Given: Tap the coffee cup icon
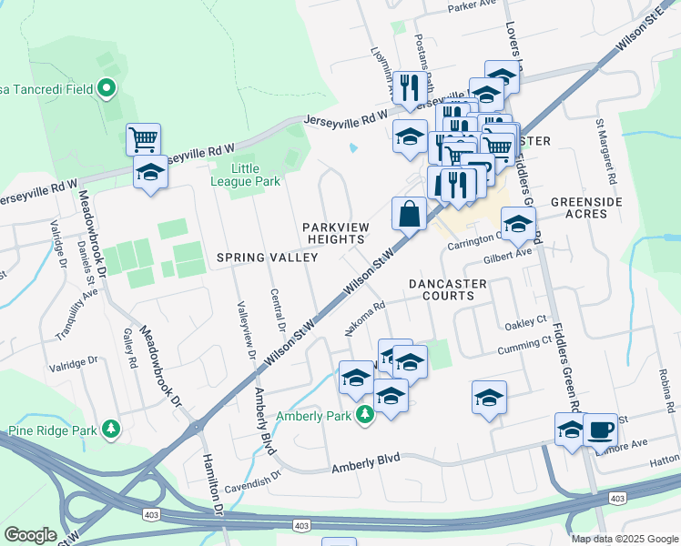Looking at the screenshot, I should click(600, 429).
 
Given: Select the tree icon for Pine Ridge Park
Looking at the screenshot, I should click(111, 428).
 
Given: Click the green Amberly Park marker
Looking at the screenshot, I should click(364, 415).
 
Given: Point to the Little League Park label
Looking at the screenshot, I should click(243, 175).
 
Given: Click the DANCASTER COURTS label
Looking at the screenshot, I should click(442, 289).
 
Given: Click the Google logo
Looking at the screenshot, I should click(30, 534).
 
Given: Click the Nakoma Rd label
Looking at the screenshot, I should click(366, 319).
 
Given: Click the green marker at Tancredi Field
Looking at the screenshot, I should click(107, 88).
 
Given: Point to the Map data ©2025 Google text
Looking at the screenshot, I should click(624, 538).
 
